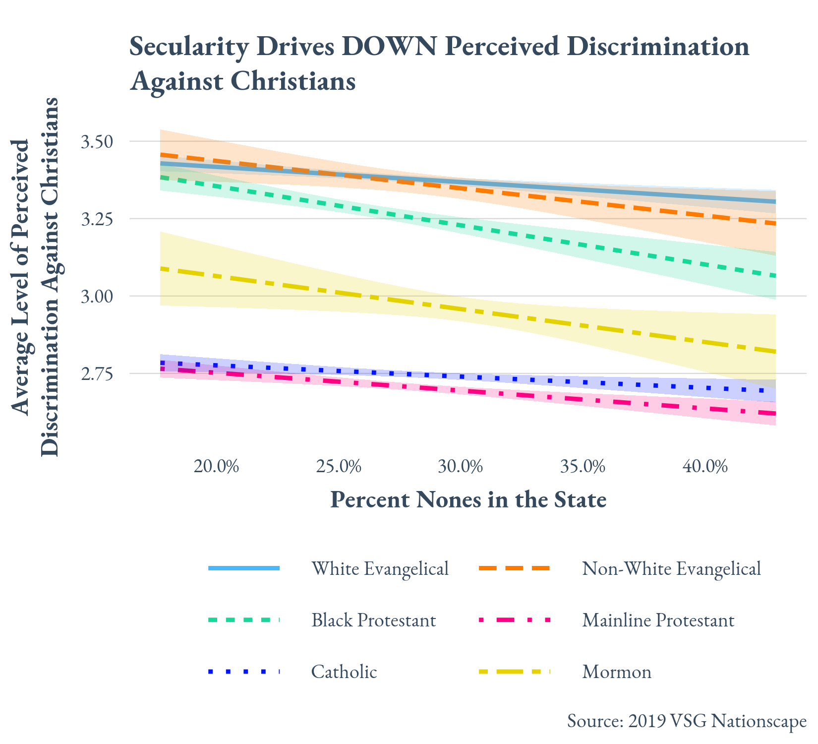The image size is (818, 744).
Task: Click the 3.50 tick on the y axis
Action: pos(97,142)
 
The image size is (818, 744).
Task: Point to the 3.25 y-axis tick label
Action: pos(97,219)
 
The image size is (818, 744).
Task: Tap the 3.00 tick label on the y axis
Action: pos(97,297)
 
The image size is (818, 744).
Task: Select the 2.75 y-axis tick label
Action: pos(97,374)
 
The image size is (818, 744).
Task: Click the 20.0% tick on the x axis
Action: pos(216,467)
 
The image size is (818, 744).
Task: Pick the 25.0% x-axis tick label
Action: pos(339,467)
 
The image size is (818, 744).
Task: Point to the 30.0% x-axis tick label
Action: pos(461,467)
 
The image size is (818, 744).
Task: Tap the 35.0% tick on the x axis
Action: pos(583,467)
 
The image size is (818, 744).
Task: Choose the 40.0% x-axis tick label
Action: pos(705,467)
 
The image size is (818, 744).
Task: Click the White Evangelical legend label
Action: pos(380,568)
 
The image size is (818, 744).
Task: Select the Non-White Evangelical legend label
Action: pos(671,568)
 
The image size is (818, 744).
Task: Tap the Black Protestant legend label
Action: pos(374,620)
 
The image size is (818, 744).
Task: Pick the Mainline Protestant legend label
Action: pos(658,620)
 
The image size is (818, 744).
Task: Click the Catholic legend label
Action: pos(344,672)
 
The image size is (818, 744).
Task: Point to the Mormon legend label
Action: pos(617,672)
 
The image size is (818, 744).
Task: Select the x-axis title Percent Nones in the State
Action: pos(468,499)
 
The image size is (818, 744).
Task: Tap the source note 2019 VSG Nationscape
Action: pos(687,721)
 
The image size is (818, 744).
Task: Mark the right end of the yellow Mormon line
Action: pos(774,352)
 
